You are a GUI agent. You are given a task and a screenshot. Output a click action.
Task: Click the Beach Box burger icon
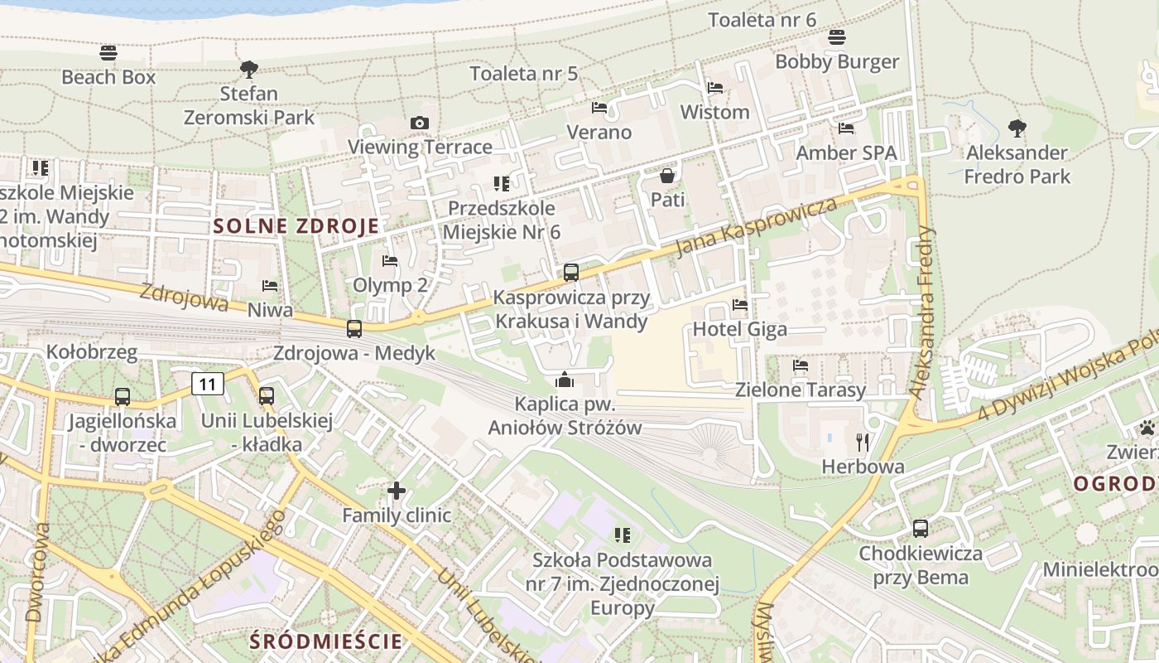[x=108, y=53]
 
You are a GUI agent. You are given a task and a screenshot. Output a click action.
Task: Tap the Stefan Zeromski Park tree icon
[x=248, y=69]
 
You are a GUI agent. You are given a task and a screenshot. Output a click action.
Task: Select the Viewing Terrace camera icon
[x=420, y=123]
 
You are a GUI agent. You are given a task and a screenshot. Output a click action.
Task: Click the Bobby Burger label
[x=837, y=62]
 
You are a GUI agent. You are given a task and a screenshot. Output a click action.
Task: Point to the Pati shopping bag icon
[x=667, y=176]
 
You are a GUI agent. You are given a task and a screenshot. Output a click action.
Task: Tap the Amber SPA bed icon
[x=846, y=128]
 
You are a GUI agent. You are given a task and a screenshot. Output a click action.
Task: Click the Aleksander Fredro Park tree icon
[x=1017, y=128]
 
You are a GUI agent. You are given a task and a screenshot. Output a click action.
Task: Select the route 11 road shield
[x=208, y=384]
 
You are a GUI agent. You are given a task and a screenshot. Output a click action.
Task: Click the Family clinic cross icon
[x=397, y=491]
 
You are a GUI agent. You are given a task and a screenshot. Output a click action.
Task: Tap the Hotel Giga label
[x=739, y=329]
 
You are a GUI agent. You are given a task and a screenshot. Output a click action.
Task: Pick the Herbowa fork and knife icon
[x=863, y=443]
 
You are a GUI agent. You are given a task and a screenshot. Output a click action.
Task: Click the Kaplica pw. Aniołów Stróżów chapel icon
[x=565, y=380]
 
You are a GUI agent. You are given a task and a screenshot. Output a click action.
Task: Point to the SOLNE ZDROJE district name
[x=296, y=225]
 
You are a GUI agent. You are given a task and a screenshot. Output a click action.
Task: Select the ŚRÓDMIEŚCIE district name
[x=326, y=641]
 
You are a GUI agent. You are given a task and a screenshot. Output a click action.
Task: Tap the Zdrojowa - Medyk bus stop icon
[x=354, y=329]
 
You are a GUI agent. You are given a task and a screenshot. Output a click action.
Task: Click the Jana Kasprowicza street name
[x=757, y=227]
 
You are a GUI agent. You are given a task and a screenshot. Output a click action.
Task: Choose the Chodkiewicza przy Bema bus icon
[x=920, y=529]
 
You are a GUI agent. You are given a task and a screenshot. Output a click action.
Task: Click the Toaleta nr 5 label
[x=523, y=74]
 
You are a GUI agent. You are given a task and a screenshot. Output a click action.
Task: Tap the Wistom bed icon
[x=715, y=88]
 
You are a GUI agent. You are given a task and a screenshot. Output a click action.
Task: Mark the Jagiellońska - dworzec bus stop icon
[x=123, y=397]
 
